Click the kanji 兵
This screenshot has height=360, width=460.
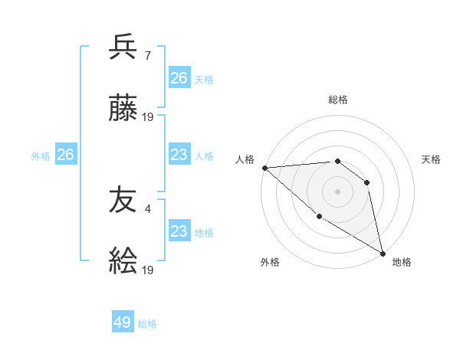point(123,48)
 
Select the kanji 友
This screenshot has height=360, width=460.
point(123,201)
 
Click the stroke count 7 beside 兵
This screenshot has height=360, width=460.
point(147,55)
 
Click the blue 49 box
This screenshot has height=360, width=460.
point(123,322)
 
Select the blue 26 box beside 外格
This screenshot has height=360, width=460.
point(65,155)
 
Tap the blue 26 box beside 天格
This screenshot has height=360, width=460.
point(179,78)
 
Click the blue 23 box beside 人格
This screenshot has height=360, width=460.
point(179,155)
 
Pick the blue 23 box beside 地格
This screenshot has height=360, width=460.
point(179,231)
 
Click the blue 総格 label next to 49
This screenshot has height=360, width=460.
point(147,324)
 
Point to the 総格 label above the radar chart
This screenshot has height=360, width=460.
point(337,100)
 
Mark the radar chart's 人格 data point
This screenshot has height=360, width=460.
point(264,168)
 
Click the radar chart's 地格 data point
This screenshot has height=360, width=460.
point(383,253)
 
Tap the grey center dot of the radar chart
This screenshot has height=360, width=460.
point(337,191)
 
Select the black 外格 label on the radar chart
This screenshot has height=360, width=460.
point(270,262)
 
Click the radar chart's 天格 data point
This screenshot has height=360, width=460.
point(366,182)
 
